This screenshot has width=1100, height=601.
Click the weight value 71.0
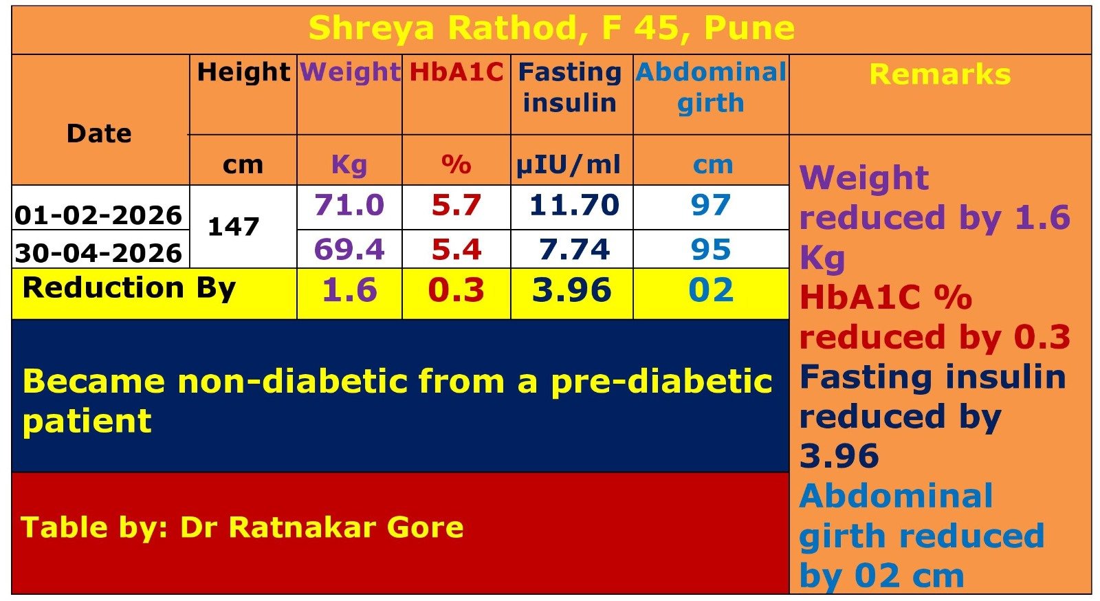[349, 205]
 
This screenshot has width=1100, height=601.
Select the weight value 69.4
[349, 249]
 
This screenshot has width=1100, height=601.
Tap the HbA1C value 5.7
[456, 205]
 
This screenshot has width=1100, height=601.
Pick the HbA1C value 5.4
[456, 249]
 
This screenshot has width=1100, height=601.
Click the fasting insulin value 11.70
[574, 205]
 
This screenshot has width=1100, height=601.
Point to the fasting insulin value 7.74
[574, 249]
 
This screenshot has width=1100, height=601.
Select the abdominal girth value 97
[711, 205]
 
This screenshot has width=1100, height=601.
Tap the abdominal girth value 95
[711, 249]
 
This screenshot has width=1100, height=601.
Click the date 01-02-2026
[99, 215]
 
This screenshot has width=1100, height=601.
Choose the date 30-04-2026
[99, 253]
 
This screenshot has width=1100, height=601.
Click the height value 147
[233, 227]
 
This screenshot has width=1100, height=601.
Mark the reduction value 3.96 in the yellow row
[572, 289]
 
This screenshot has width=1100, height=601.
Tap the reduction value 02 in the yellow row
[711, 289]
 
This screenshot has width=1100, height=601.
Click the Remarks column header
[940, 74]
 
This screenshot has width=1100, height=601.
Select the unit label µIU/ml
[568, 165]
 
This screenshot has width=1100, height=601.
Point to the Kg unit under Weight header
[349, 165]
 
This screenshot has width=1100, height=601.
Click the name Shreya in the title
[371, 28]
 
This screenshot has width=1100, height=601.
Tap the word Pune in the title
[749, 28]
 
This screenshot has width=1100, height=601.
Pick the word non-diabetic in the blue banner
[293, 381]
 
